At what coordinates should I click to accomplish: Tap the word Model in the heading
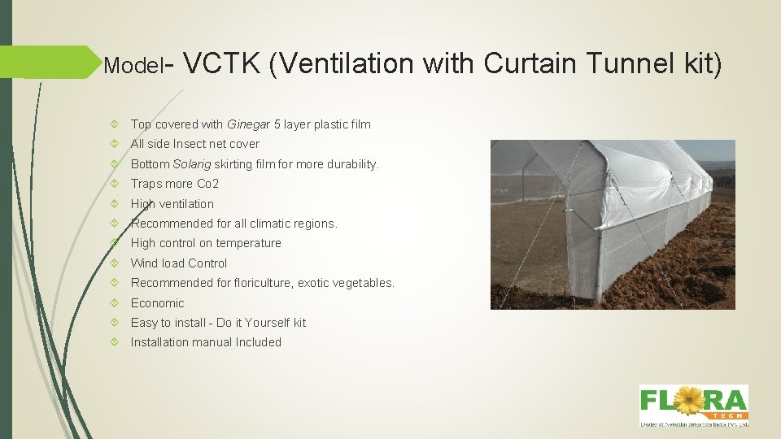point(133,65)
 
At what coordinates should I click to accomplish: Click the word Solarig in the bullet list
point(192,164)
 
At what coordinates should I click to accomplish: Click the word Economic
point(158,303)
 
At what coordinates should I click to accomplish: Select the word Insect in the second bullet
point(189,144)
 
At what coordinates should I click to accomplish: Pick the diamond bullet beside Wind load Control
point(119,263)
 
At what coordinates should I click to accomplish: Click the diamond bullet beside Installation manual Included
point(119,342)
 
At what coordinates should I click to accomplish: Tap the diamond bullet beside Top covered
point(119,124)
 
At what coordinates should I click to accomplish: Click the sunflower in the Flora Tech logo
point(690,401)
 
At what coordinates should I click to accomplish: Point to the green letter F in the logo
point(649,401)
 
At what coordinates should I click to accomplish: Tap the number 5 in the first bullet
point(277,124)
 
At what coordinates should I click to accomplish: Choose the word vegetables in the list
point(364,283)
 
